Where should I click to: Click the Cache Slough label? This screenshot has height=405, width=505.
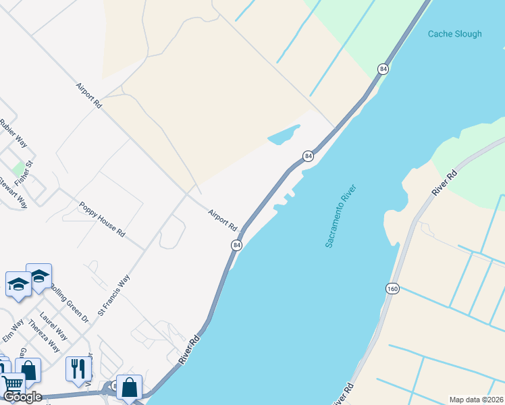455,34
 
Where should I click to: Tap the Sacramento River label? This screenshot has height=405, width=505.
340,215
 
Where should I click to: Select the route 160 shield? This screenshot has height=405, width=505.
392,288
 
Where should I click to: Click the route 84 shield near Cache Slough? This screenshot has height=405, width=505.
383,69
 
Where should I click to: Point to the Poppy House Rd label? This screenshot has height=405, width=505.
102,219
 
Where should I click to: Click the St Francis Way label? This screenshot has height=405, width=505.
113,295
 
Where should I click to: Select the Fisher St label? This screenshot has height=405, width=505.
24,173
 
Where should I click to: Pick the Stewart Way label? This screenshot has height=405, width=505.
13,192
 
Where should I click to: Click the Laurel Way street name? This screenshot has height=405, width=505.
53,325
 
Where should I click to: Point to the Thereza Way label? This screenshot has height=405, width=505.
47,337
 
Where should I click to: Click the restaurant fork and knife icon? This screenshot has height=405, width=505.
79,368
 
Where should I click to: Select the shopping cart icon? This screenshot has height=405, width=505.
11,383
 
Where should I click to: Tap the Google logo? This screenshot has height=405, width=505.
22,397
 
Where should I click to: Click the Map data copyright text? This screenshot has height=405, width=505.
475,400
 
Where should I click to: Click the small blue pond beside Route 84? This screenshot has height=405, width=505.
284,134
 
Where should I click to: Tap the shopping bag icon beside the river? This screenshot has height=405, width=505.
129,387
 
